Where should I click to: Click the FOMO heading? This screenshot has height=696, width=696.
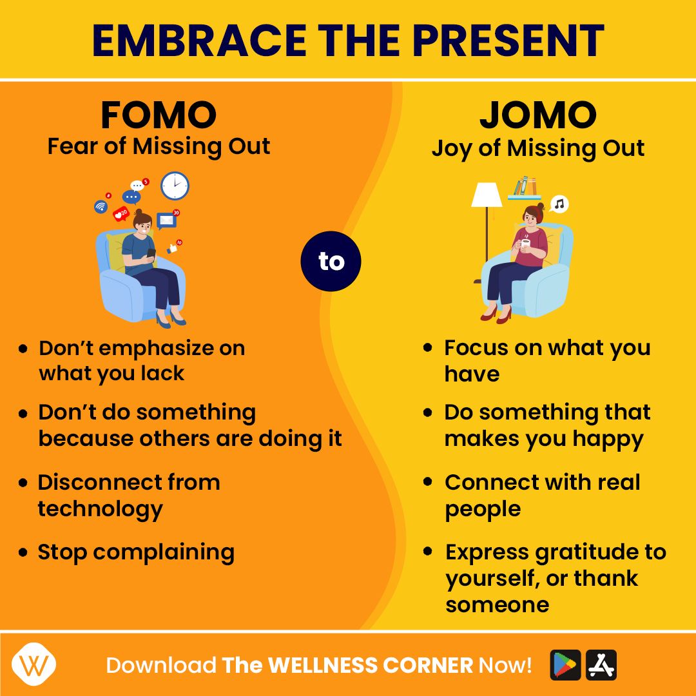(x=159, y=115)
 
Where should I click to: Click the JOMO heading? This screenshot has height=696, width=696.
(x=538, y=115)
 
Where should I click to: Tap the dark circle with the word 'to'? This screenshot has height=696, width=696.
(x=331, y=261)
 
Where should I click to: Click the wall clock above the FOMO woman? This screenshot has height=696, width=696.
(x=175, y=186)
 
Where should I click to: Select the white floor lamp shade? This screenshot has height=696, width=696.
(x=487, y=195)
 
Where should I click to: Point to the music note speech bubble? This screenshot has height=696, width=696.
(x=559, y=204)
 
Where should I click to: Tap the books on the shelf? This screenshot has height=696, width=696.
(x=524, y=186)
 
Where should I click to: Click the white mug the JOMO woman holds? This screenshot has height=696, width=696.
(x=526, y=243)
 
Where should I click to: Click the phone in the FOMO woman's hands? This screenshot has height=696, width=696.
(x=151, y=254)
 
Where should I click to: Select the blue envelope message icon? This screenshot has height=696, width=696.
(x=166, y=220)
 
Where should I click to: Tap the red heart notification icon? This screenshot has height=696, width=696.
(x=121, y=214)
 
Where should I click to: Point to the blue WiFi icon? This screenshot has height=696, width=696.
(x=101, y=206)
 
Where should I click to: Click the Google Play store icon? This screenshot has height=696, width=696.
(x=565, y=665)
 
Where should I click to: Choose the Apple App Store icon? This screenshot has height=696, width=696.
(x=601, y=665)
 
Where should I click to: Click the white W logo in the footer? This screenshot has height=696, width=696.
(x=34, y=664)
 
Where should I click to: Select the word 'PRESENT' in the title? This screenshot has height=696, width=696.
(x=508, y=41)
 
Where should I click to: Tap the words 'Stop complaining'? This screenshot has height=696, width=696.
(x=136, y=553)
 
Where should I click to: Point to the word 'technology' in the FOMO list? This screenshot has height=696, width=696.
(x=101, y=509)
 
